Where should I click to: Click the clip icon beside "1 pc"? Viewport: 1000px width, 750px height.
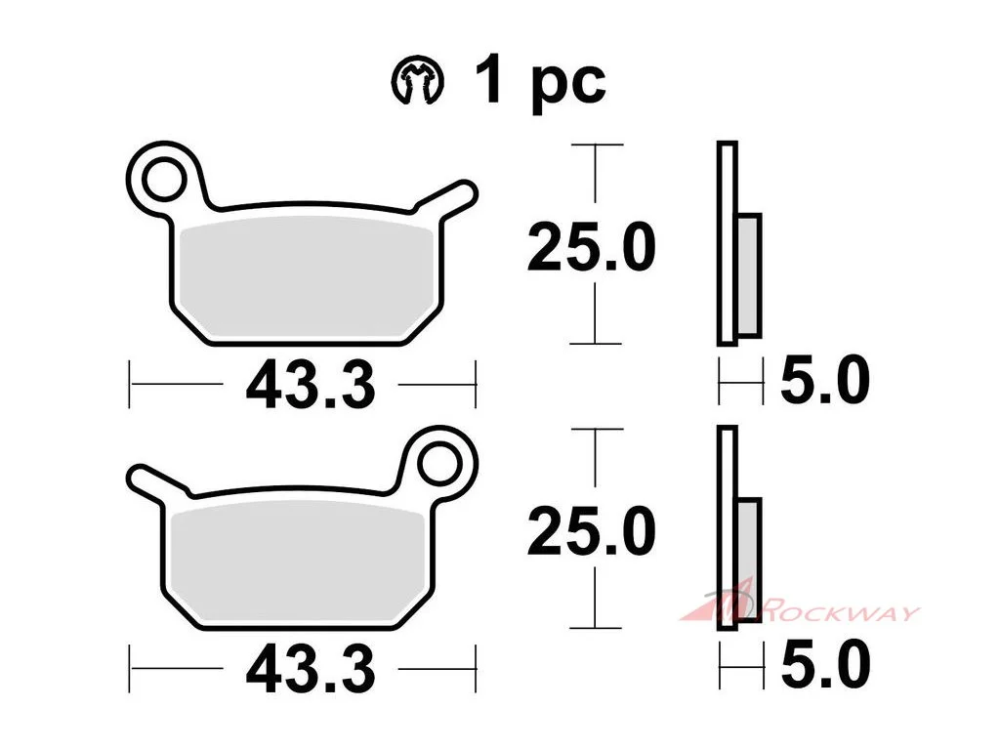(417, 80)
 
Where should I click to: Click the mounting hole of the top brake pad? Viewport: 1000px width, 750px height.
(164, 179)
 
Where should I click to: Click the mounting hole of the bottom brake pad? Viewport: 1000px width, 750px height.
(439, 464)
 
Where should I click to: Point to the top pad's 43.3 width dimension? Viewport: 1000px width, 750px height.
(311, 386)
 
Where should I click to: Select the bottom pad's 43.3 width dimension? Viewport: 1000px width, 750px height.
(311, 670)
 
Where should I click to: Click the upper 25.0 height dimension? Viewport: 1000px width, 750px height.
(591, 247)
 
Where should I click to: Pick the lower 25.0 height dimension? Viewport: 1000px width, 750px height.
(591, 532)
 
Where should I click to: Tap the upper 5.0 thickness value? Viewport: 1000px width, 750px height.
(824, 381)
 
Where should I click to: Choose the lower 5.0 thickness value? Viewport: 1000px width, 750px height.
(824, 665)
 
